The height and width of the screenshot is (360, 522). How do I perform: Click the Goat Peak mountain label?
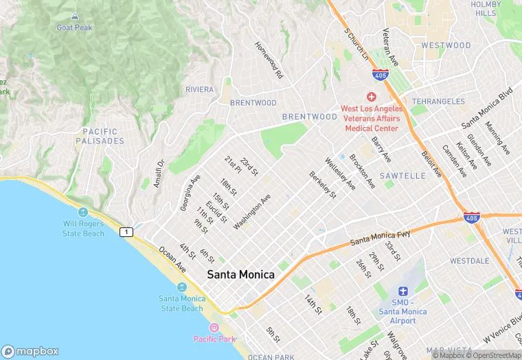[73, 27]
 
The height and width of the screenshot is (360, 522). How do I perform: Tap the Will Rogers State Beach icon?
[83, 212]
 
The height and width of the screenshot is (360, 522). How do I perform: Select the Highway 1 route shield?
[126, 232]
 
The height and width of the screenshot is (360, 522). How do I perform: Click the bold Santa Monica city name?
[241, 275]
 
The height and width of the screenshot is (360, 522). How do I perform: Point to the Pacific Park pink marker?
[214, 328]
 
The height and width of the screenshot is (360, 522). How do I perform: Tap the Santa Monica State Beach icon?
[181, 287]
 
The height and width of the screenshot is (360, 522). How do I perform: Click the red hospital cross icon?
[372, 97]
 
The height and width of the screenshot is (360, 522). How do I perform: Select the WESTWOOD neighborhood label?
[446, 45]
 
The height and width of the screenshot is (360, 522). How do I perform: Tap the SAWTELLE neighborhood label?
[402, 176]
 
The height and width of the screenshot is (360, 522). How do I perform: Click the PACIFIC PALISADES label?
[103, 136]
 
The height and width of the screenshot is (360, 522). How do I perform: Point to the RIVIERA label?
[200, 90]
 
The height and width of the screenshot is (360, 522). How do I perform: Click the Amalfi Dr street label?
[157, 175]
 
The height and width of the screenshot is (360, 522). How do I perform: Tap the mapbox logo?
[30, 351]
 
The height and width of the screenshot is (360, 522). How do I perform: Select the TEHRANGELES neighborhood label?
[438, 101]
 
